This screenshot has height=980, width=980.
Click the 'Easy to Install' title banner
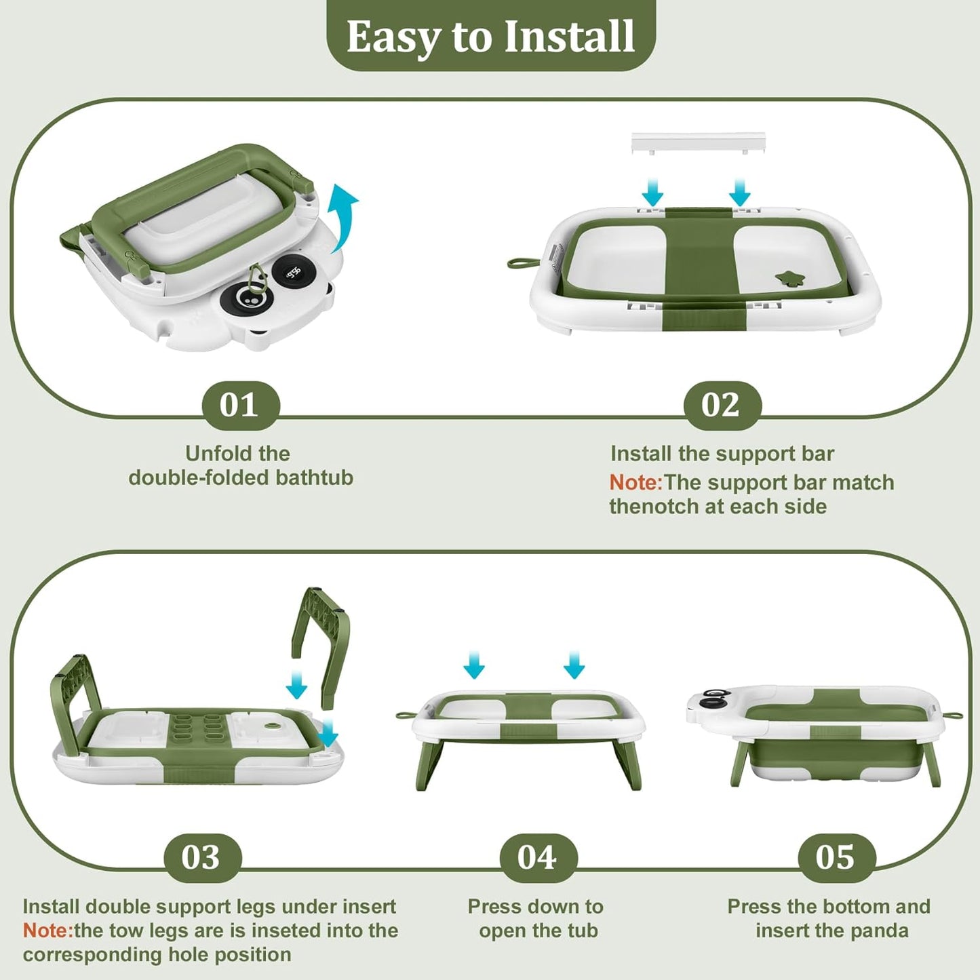490,35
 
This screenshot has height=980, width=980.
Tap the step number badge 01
241,406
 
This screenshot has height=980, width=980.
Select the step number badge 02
722,406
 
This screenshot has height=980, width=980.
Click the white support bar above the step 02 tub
699,142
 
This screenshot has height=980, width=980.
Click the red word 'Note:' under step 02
635,482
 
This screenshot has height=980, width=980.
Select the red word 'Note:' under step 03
47,930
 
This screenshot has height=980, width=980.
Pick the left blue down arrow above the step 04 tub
474,665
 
